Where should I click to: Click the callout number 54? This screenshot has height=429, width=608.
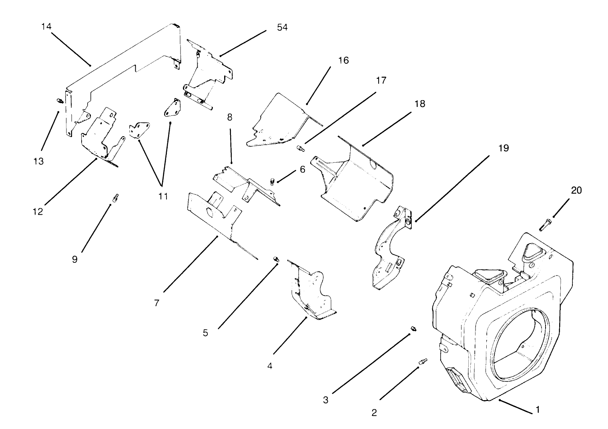tap(282, 27)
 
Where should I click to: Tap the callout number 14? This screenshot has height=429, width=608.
tap(46, 26)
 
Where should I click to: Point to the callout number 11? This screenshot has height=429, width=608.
tap(163, 196)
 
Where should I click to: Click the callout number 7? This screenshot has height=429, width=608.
tap(157, 303)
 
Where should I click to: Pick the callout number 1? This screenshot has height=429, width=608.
tap(538, 410)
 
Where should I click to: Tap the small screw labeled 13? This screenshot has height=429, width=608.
tap(59, 101)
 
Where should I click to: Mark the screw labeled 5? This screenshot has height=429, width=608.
tap(275, 258)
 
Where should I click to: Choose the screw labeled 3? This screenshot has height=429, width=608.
tap(413, 329)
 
